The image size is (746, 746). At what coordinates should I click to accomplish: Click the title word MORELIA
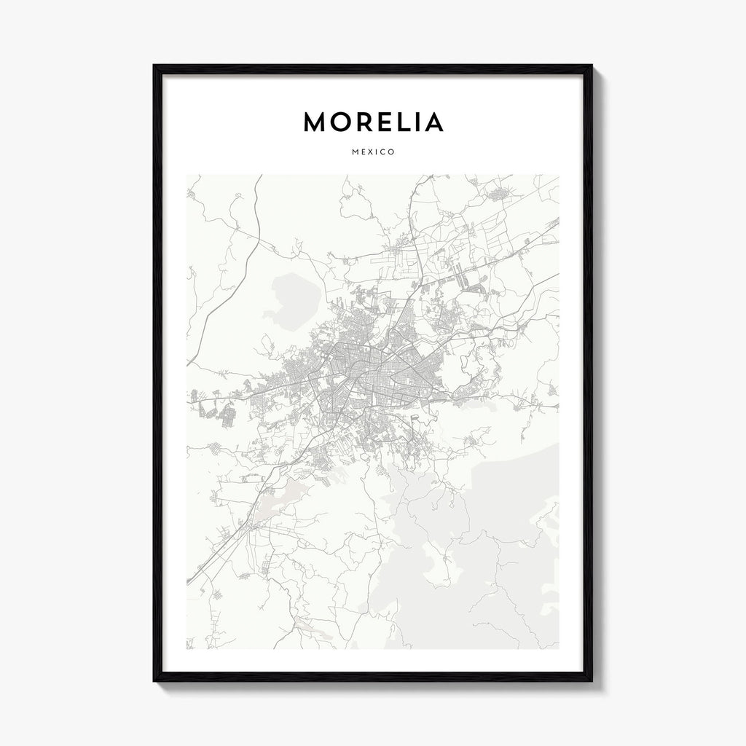[x=373, y=122]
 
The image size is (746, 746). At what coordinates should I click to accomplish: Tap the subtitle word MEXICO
[x=373, y=152]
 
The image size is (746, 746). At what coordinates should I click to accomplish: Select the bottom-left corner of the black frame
[x=154, y=680]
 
